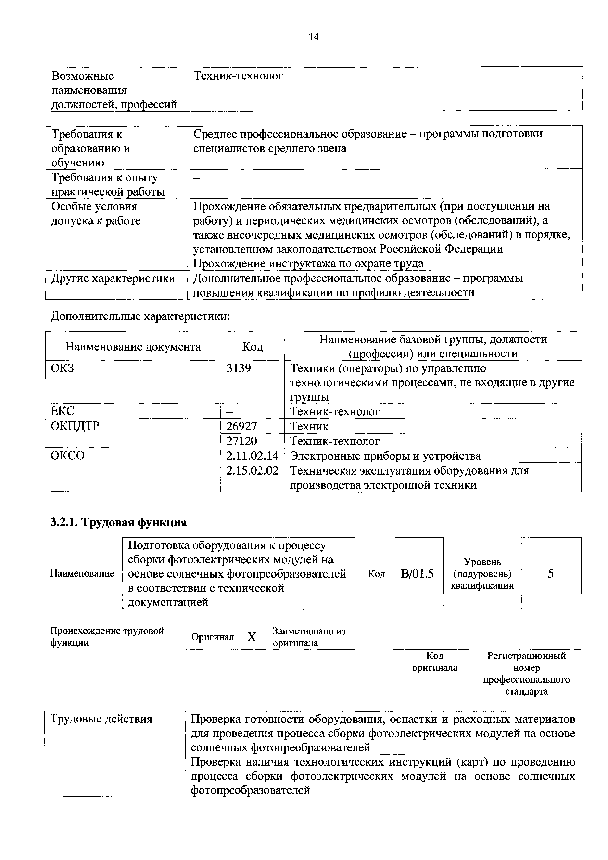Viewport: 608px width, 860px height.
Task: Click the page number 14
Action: [314, 37]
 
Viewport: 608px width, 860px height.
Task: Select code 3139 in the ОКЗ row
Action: [239, 368]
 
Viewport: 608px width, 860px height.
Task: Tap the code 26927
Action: [242, 426]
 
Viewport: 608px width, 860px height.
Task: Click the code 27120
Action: [242, 441]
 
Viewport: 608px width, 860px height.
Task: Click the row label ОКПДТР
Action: [75, 426]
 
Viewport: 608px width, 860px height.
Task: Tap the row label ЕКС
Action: [63, 411]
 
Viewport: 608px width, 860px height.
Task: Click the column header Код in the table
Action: [253, 346]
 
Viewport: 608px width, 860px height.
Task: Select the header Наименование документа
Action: [133, 346]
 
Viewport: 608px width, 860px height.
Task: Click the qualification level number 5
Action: [551, 573]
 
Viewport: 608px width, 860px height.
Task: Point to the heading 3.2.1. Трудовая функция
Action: [119, 522]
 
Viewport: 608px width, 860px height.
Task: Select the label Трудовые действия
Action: [101, 719]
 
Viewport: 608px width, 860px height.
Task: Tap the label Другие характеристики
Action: [113, 278]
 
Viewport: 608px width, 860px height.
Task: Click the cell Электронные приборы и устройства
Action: [385, 456]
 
